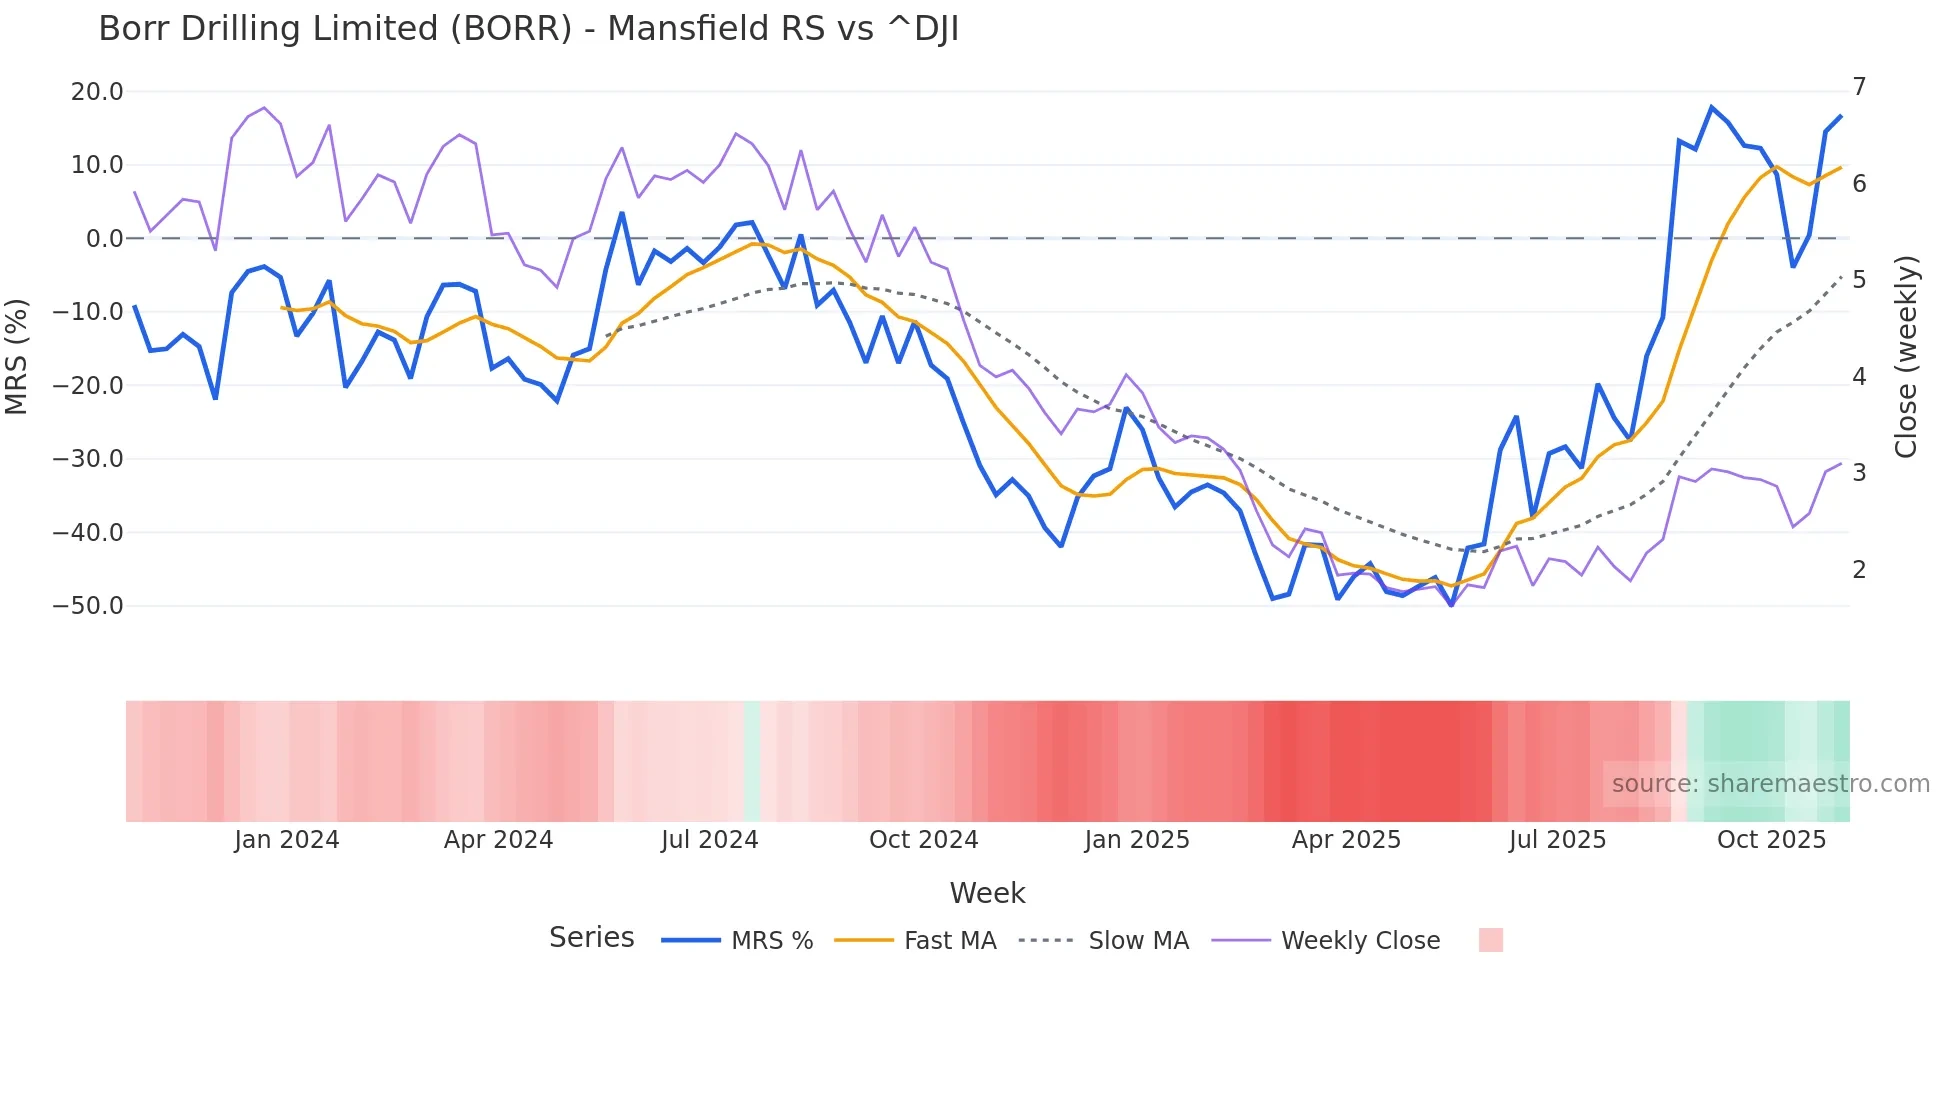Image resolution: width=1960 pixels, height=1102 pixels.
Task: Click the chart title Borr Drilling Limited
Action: coord(528,29)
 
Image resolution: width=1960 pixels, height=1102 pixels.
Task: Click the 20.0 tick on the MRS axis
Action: coord(96,92)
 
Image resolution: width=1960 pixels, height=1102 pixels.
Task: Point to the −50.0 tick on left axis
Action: coord(88,606)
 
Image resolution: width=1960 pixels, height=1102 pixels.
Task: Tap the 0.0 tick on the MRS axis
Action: coord(104,239)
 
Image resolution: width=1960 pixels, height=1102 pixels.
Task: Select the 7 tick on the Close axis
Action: coord(1859,87)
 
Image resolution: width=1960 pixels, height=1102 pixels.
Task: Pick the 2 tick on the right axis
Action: coord(1859,570)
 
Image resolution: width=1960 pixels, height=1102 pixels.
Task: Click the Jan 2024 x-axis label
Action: coord(287,840)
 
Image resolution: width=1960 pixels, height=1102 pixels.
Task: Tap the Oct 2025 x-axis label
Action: coord(1771,840)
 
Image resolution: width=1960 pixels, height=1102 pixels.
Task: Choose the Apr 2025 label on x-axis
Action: coord(1346,840)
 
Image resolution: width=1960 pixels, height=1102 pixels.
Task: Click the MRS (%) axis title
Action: coord(17,356)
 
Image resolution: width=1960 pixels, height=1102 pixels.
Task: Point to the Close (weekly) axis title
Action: coord(1906,357)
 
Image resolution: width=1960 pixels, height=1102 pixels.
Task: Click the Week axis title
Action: coord(987,893)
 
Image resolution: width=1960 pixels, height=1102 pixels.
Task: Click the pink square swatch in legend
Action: coord(1490,940)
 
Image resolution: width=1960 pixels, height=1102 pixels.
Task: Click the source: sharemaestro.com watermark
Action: coord(1770,784)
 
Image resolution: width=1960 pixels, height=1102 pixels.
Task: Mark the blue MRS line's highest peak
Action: coord(1712,107)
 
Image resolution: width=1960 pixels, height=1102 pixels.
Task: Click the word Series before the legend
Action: coord(591,938)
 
